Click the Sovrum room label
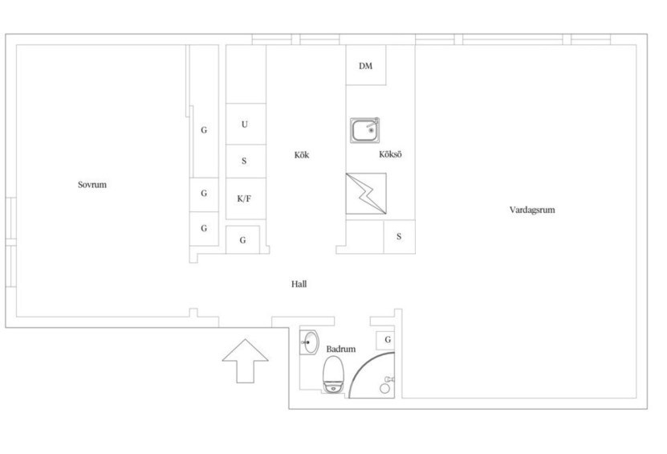(x=92, y=185)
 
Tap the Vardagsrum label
(x=532, y=210)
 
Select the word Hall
(x=299, y=284)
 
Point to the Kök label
(x=302, y=154)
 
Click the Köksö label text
(x=390, y=154)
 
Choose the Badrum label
(x=341, y=349)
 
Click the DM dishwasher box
(x=366, y=65)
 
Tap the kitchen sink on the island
(x=365, y=130)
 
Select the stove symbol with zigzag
(x=366, y=194)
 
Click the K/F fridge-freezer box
(x=246, y=199)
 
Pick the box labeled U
(x=246, y=124)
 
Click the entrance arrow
(x=245, y=361)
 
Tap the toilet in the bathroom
(x=333, y=374)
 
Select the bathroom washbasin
(x=310, y=342)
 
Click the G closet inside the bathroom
(x=386, y=340)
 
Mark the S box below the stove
(x=400, y=237)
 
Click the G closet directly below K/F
(x=242, y=240)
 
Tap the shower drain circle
(x=384, y=388)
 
